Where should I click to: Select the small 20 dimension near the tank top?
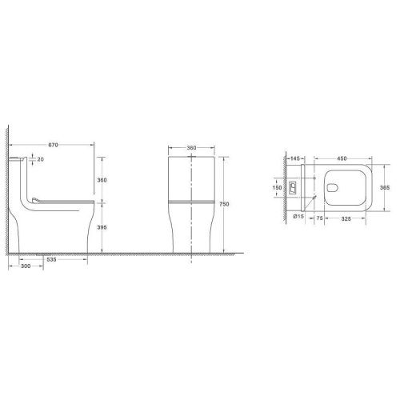tap(40, 160)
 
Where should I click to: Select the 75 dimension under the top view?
tap(318, 217)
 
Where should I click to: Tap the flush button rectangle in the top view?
tap(294, 189)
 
